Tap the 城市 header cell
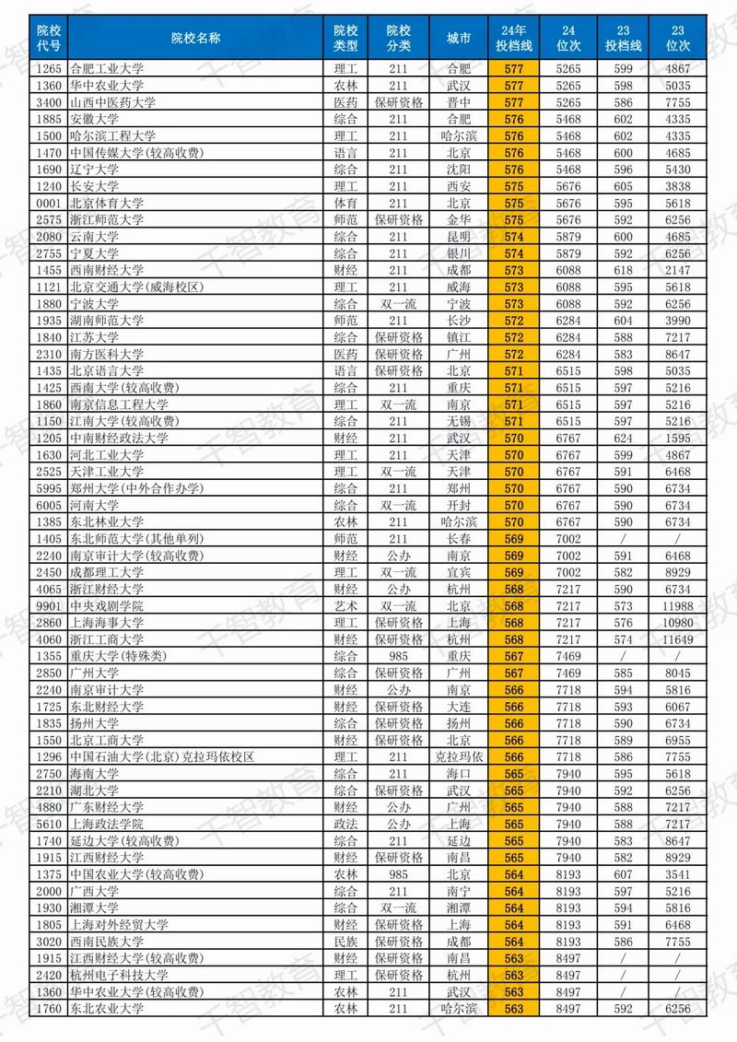click(458, 38)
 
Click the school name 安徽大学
click(95, 119)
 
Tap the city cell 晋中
click(458, 102)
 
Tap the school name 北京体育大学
click(107, 203)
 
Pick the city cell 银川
click(458, 253)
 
